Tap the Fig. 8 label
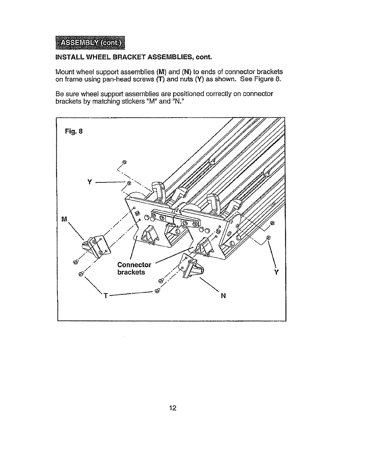click(x=74, y=131)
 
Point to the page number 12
click(x=173, y=408)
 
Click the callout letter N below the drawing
click(x=223, y=296)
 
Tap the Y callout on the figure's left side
click(x=90, y=182)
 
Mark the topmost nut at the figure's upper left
click(x=124, y=162)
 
